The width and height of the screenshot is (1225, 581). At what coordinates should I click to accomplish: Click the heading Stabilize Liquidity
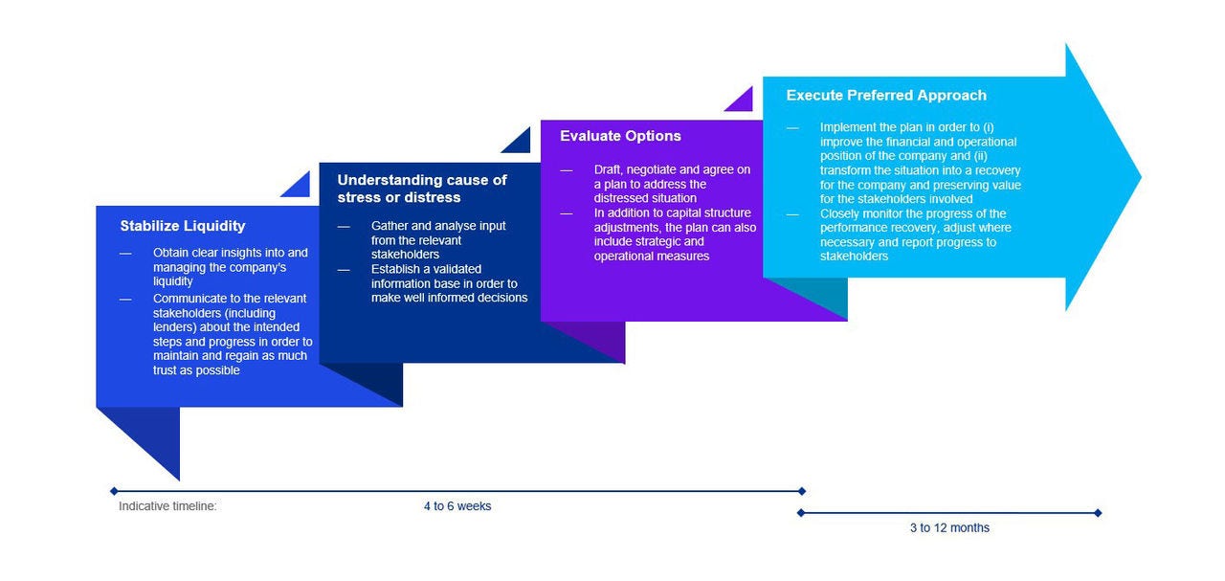pyautogui.click(x=183, y=226)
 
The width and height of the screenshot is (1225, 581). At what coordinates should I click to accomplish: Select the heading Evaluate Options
pyautogui.click(x=620, y=136)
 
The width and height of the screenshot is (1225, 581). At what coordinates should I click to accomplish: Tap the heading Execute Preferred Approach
pyautogui.click(x=886, y=95)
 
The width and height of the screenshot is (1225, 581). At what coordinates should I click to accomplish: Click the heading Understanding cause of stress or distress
pyautogui.click(x=422, y=189)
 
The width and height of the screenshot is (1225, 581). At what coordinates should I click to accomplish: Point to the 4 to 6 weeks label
pyautogui.click(x=457, y=506)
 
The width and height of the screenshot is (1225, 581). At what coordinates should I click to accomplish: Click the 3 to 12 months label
pyautogui.click(x=949, y=528)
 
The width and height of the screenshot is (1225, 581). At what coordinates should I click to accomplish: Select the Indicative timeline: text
pyautogui.click(x=167, y=506)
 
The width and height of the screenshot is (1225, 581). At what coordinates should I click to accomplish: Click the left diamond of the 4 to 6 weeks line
pyautogui.click(x=114, y=491)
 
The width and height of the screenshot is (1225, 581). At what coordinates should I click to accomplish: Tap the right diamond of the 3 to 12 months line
pyautogui.click(x=1098, y=513)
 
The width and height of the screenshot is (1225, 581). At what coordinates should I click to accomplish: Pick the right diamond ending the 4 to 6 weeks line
pyautogui.click(x=802, y=491)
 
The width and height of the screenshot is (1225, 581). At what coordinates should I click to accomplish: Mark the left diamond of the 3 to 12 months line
pyautogui.click(x=801, y=513)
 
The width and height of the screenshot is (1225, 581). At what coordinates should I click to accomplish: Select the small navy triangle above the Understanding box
pyautogui.click(x=520, y=144)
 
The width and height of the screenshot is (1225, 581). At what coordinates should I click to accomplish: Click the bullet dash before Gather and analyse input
pyautogui.click(x=344, y=227)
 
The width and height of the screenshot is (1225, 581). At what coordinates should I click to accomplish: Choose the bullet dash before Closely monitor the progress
pyautogui.click(x=792, y=214)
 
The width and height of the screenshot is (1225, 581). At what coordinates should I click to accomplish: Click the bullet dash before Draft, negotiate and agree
pyautogui.click(x=566, y=170)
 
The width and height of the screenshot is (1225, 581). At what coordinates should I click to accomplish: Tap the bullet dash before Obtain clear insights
pyautogui.click(x=125, y=254)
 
